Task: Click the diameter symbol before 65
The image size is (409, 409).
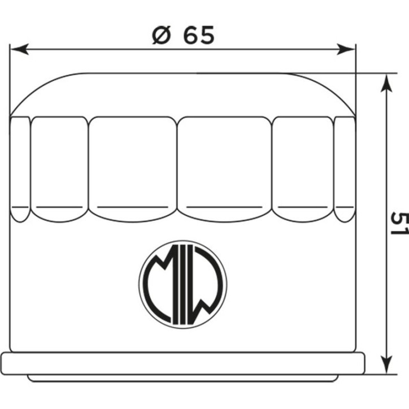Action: (161, 34)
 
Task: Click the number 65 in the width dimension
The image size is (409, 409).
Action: (199, 34)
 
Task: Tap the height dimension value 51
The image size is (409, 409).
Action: (399, 223)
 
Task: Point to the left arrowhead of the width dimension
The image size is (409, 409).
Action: (20, 49)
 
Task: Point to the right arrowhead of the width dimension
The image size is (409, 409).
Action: (346, 49)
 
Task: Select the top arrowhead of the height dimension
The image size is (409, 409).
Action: (386, 82)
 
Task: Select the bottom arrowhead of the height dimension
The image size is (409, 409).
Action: (386, 365)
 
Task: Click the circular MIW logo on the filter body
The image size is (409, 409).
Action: (183, 284)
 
